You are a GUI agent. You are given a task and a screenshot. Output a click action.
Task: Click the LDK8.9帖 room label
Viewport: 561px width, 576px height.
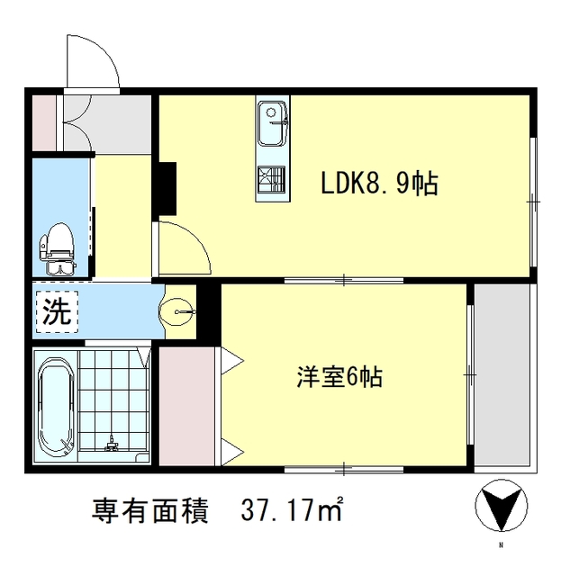point(380,184)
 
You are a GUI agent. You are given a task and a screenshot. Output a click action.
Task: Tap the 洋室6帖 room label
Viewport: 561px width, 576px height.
point(339,377)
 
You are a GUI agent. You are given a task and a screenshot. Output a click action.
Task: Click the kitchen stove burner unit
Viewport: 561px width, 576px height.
point(271,182)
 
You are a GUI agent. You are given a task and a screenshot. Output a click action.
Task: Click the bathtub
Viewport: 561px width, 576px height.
point(56,407)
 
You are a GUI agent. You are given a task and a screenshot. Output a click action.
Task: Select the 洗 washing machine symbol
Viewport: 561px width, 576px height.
point(56,311)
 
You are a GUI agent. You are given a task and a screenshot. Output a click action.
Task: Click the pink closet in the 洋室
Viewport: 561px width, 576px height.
point(187,409)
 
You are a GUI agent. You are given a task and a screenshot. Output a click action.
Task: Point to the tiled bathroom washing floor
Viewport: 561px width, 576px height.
point(113,405)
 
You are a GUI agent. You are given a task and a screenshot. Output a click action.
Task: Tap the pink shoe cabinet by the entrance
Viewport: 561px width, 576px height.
point(44,122)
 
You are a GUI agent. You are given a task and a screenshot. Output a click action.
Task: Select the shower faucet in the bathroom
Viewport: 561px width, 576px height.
point(112,444)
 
